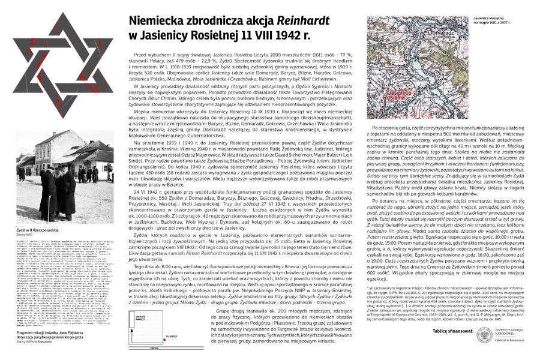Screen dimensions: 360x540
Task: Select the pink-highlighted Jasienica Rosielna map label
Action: pos(391,96)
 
